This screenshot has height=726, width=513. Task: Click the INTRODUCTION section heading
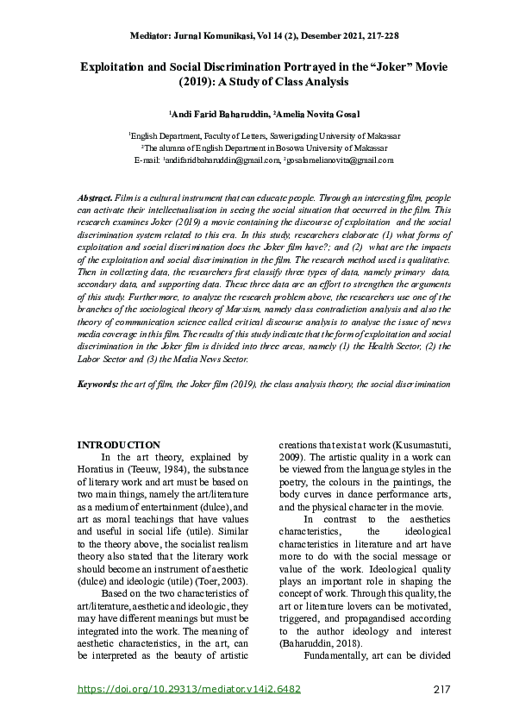[119, 445]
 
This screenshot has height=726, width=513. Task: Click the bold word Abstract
[95, 197]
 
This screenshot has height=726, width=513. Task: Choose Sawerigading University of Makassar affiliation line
[264, 136]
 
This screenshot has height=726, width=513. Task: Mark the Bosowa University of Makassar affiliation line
[264, 147]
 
